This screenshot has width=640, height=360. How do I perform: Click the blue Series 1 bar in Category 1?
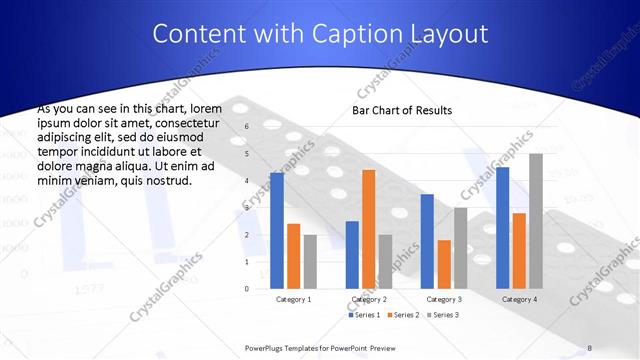click(277, 231)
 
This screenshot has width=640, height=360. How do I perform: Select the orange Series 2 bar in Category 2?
click(369, 229)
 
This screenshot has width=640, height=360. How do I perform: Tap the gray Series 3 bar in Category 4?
click(536, 221)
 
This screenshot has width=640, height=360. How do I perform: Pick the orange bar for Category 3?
click(444, 264)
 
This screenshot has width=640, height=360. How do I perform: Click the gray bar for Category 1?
click(310, 262)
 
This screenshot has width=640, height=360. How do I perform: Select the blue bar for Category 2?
click(352, 255)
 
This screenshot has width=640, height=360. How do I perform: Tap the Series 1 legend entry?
click(364, 315)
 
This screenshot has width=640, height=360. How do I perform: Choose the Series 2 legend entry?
click(402, 315)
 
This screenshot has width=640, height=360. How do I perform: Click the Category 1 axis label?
click(293, 299)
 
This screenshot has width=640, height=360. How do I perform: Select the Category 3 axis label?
click(444, 299)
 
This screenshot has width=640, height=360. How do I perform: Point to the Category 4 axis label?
click(519, 299)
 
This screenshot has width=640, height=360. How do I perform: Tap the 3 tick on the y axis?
click(247, 208)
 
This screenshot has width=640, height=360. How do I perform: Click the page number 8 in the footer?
click(590, 347)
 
